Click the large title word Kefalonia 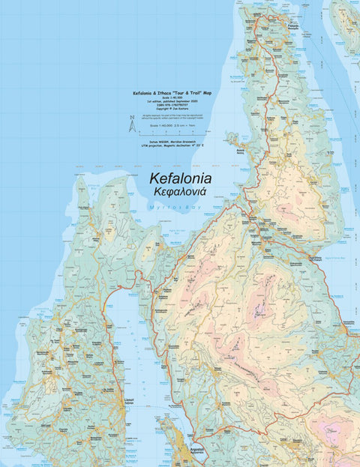pos(180,179)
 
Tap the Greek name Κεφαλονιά pos(180,193)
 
